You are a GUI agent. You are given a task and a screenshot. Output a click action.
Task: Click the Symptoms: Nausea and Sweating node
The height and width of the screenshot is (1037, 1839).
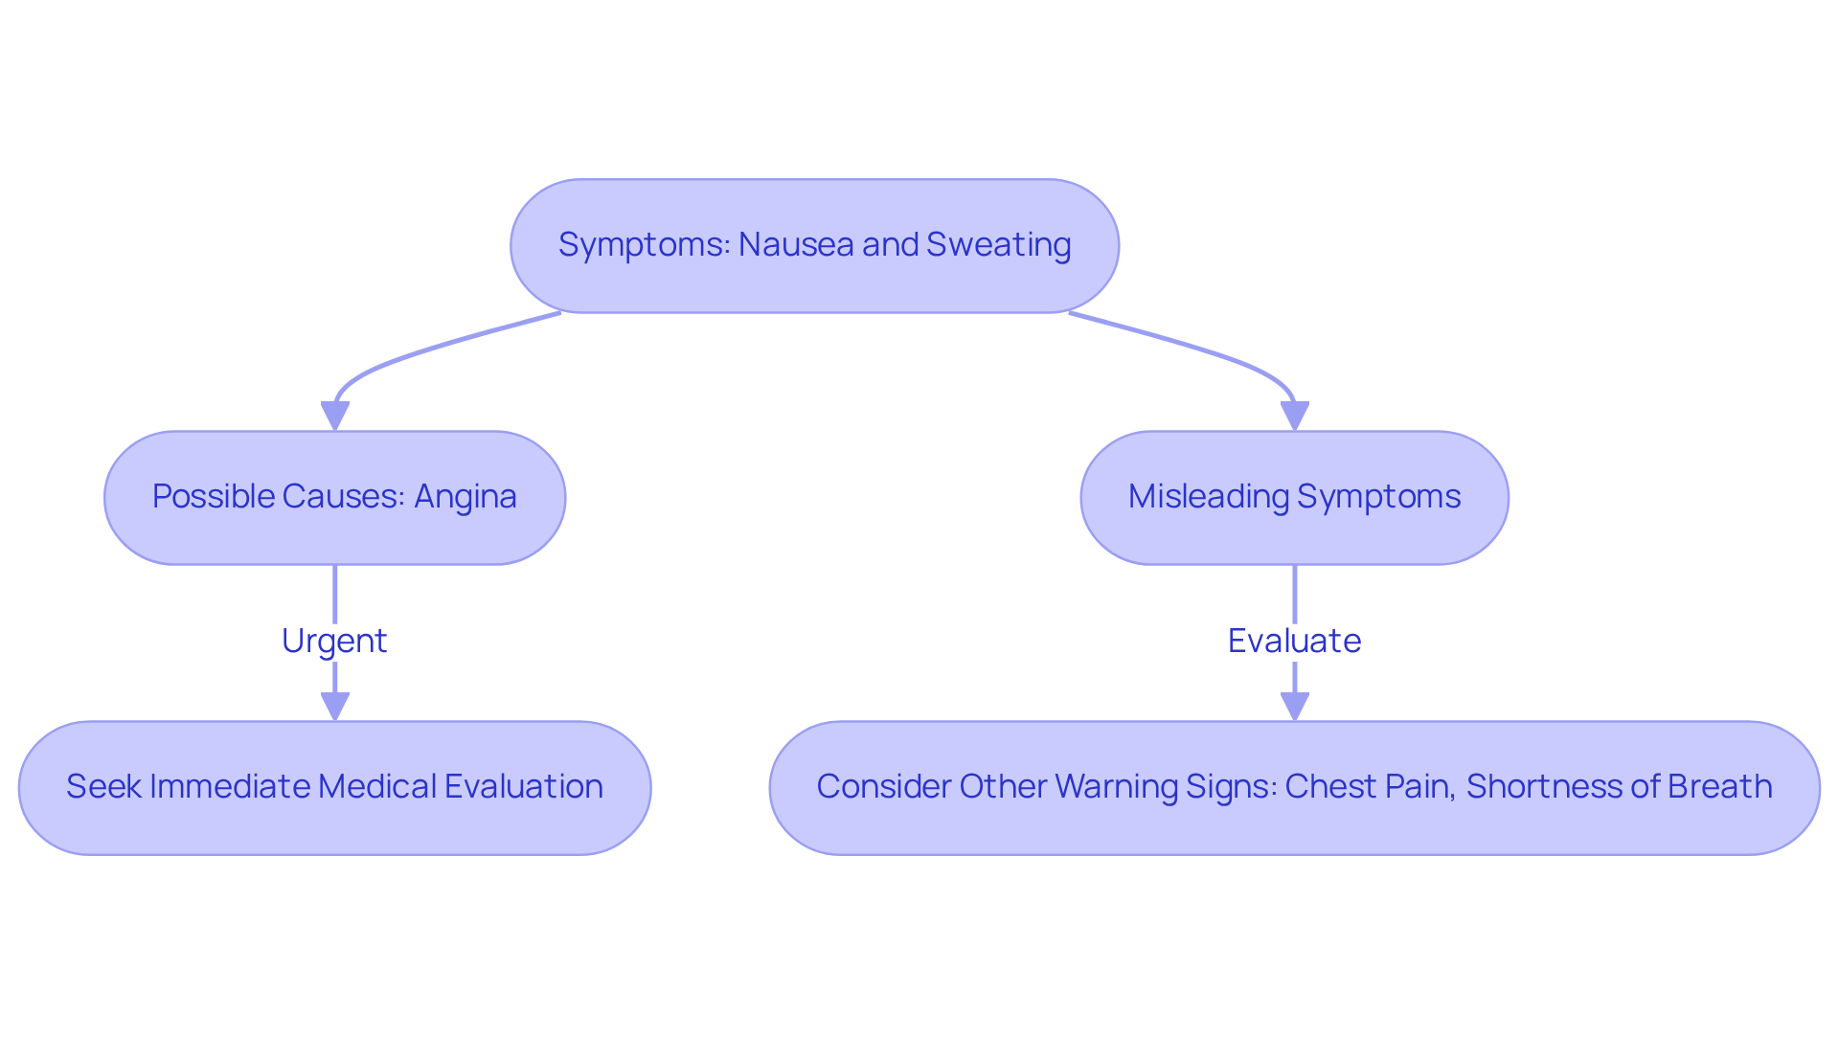[x=814, y=245]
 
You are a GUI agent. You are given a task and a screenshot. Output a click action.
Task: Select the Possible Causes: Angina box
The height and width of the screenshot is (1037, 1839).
[x=334, y=497]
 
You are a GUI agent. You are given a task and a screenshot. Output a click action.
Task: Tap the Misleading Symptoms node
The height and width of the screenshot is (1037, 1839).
[x=1294, y=497]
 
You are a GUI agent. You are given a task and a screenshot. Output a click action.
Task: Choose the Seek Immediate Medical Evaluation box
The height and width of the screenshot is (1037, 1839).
[x=334, y=787]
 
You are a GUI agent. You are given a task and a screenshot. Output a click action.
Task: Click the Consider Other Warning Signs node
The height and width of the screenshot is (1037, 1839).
[x=1294, y=787]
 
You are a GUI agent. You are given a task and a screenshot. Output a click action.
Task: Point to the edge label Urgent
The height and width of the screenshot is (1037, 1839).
[x=334, y=641]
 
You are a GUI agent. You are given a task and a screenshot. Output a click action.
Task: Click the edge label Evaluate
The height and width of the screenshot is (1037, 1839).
[x=1294, y=641]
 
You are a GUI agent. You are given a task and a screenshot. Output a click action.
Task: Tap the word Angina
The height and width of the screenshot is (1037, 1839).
[x=465, y=497]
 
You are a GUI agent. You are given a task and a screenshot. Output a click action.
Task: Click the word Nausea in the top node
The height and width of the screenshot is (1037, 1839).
[x=796, y=245]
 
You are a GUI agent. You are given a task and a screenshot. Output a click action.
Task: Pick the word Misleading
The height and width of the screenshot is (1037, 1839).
[x=1209, y=497]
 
